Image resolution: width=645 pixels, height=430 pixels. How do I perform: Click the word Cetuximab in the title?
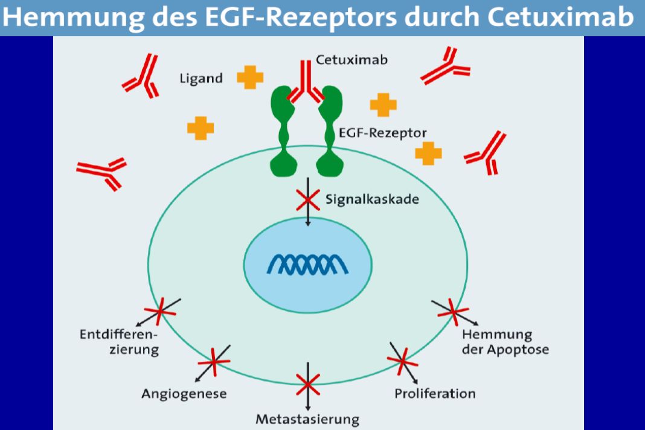pos(560,17)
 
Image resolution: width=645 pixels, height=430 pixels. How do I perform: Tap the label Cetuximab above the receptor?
pos(351,60)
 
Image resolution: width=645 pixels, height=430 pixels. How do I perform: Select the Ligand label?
pos(201,79)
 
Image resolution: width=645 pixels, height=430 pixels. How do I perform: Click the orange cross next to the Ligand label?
pos(250,77)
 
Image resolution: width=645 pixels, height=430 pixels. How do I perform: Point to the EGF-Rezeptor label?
pos(382,133)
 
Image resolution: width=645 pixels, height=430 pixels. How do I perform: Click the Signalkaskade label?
pos(372,199)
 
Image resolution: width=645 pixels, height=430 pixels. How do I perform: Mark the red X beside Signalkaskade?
pos(308,200)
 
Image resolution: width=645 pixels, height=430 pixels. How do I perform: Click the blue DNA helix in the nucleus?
pos(307,264)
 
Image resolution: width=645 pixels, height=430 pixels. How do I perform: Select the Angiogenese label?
pos(184,394)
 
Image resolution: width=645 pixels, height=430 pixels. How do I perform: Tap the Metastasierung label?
pos(307,420)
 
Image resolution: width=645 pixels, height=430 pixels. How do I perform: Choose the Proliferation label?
pos(435,394)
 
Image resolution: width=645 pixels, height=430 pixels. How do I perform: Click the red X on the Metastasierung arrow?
pos(308,384)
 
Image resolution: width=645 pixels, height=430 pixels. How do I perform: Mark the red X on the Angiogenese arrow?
pos(213,362)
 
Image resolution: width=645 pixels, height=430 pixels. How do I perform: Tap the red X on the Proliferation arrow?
pos(403,361)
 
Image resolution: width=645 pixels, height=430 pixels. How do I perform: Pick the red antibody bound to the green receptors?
pos(306,82)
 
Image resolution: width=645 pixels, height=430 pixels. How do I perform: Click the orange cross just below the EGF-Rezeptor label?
pos(428,153)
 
